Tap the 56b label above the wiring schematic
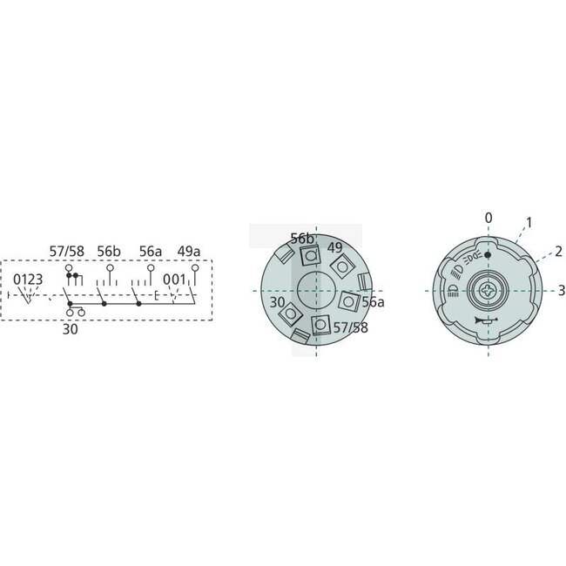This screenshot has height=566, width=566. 110,251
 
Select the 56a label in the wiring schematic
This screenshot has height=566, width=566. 152,251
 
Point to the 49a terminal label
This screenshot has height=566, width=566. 189,251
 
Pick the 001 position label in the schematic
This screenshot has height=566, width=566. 174,280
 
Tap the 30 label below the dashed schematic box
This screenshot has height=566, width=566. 70,329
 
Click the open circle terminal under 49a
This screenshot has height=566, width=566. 195,269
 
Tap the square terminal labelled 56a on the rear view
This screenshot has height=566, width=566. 349,300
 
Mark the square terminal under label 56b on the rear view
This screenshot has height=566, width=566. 307,255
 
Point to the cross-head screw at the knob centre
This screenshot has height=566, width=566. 488,289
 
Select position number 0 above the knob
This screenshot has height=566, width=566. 489,217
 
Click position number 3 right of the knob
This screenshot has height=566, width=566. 562,290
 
